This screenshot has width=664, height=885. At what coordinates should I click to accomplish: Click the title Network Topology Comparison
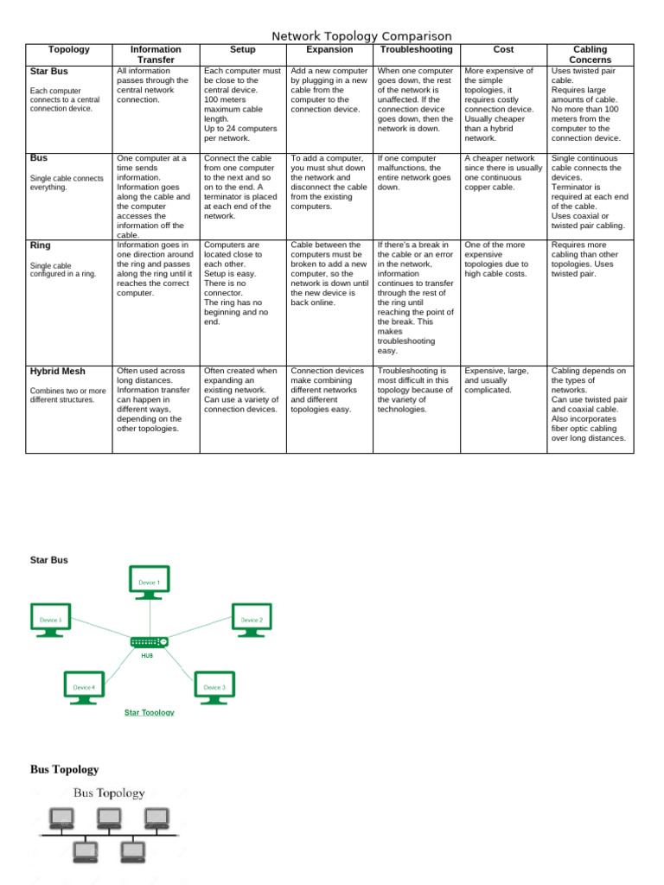coord(361,35)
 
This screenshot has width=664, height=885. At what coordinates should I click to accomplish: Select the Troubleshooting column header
coord(417,50)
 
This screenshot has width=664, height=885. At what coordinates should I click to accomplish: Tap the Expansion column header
coord(329,50)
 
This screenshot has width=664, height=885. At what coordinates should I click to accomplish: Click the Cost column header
coord(503,50)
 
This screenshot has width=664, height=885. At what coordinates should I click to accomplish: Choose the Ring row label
coord(41,245)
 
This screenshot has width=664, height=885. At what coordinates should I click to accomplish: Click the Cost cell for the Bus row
coord(503,173)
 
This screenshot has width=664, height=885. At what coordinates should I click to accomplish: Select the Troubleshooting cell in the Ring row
coord(417,297)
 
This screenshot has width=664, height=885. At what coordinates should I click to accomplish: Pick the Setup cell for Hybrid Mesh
coord(242,390)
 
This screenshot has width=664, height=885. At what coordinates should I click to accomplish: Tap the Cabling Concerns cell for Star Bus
coord(590,105)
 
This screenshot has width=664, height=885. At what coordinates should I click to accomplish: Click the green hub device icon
coord(150,642)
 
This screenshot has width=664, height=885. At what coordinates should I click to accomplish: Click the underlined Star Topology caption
coord(150,712)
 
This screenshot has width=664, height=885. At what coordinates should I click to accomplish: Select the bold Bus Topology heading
coord(65,769)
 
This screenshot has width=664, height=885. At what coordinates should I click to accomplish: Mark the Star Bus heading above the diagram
coord(49,560)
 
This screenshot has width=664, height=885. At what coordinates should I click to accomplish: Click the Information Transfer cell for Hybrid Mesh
coord(156,399)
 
